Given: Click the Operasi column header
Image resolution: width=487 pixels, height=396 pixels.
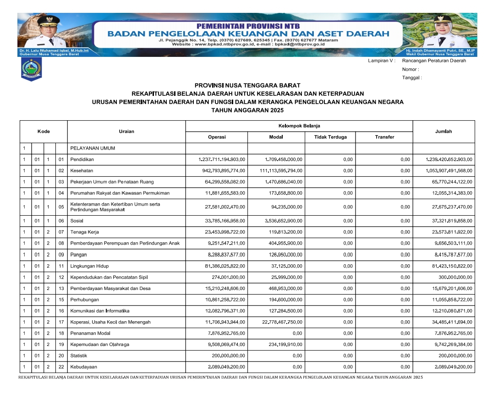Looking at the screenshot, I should [217, 137].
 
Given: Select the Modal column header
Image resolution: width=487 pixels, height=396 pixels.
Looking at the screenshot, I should [276, 137].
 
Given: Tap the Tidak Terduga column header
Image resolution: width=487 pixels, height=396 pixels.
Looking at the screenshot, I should [330, 137].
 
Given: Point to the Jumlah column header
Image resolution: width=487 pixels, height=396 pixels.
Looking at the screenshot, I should [443, 131].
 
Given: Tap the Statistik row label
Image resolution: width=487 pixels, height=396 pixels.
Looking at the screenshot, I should [79, 356].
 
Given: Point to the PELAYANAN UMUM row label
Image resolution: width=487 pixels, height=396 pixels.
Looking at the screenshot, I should [92, 148].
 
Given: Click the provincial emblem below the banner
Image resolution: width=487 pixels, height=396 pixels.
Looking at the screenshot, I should [31, 69].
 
